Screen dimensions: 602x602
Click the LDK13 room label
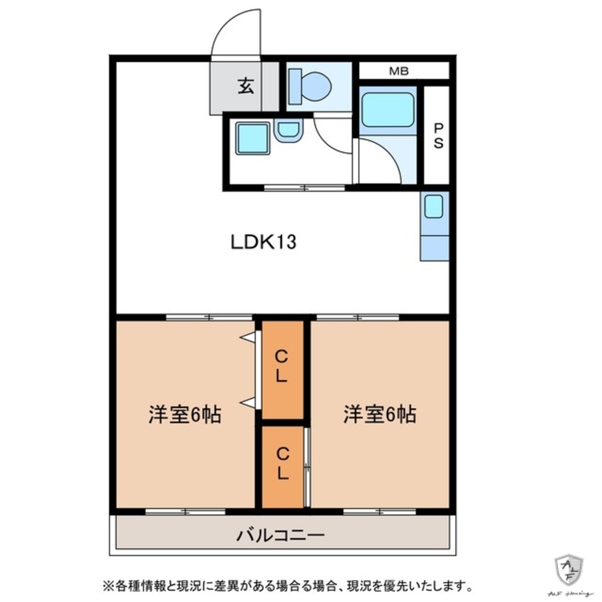click(263, 242)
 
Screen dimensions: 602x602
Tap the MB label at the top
click(399, 71)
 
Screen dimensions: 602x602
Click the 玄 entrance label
click(244, 87)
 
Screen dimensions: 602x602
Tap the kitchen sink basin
click(434, 207)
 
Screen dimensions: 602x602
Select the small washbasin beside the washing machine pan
click(288, 130)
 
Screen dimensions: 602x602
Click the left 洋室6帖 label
click(185, 415)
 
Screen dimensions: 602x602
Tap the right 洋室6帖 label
click(380, 415)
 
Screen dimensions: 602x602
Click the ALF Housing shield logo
click(568, 569)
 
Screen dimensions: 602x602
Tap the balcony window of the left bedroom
click(185, 512)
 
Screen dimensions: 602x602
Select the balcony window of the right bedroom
click(380, 512)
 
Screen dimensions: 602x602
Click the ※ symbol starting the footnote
click(108, 585)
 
